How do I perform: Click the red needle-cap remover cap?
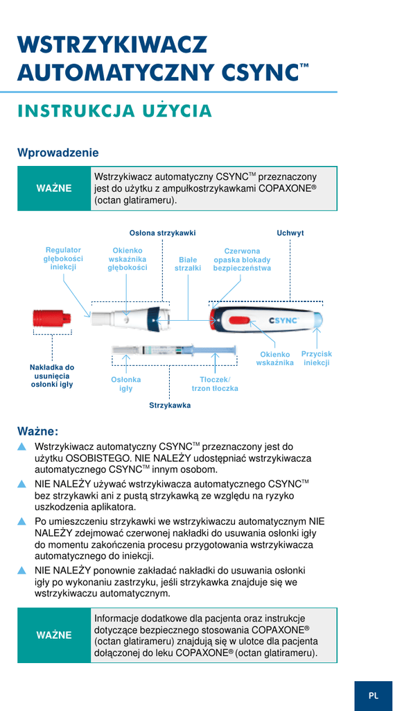(x=52, y=319)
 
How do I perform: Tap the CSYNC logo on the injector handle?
(x=284, y=320)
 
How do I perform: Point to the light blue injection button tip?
(x=319, y=319)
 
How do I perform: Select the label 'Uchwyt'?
(x=290, y=233)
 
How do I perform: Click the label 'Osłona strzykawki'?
(x=163, y=233)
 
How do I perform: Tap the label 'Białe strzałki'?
(x=188, y=264)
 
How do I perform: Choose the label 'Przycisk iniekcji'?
(x=317, y=358)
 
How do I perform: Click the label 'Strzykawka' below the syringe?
(x=171, y=405)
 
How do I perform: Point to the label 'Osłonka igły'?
(x=126, y=384)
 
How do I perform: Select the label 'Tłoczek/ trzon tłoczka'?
(x=215, y=384)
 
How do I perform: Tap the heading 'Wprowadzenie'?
(x=58, y=152)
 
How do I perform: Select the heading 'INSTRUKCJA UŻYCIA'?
(x=114, y=111)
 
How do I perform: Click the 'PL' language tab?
(x=374, y=696)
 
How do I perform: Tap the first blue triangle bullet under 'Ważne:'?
(x=21, y=447)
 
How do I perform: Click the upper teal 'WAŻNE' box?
(x=54, y=188)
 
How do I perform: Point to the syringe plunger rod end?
(x=235, y=350)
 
